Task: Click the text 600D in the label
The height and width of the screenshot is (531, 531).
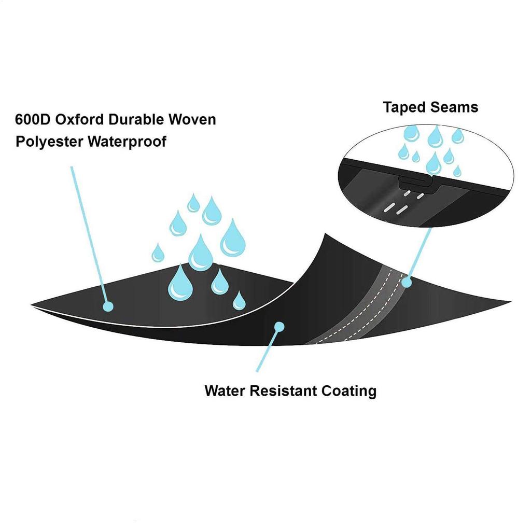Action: [32, 120]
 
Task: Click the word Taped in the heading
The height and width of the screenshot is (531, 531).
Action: [404, 107]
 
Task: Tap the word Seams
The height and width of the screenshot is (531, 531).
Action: [454, 107]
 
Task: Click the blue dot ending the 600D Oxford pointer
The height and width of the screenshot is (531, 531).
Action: [108, 306]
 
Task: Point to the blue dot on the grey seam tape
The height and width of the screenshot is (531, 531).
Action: [407, 283]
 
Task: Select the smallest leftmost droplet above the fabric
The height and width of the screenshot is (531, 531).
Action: [158, 253]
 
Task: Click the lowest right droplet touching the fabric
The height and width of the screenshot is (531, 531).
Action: [239, 301]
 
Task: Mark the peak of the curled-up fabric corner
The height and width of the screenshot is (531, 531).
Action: [325, 236]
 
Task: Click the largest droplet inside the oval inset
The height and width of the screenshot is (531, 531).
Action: [434, 164]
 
